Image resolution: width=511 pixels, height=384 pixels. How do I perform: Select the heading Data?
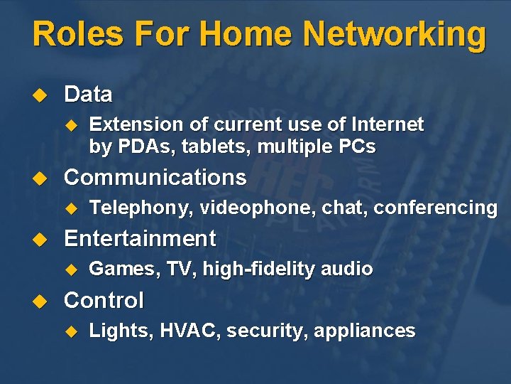click(x=88, y=94)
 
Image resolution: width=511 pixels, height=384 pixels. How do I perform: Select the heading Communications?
click(x=155, y=177)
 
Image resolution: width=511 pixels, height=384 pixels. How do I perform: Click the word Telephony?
click(x=141, y=208)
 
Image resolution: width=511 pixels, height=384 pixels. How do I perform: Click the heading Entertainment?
click(x=140, y=238)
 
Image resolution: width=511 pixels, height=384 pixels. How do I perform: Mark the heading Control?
click(x=104, y=300)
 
